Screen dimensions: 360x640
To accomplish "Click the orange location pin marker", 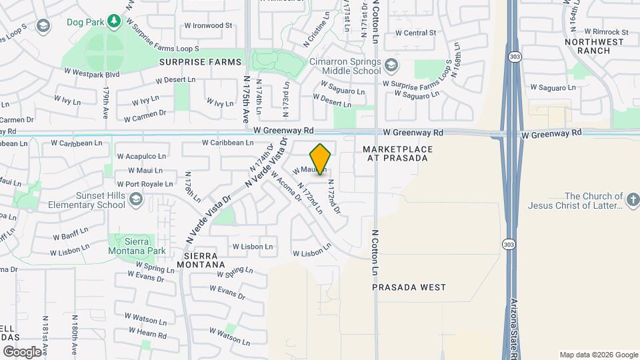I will [321, 159].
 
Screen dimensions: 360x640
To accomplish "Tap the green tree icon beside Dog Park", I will [114, 21].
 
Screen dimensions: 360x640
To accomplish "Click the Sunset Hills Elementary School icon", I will [135, 199].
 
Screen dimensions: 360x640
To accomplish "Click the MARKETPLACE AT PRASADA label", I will [398, 153].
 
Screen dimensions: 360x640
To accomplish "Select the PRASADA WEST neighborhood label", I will [409, 287].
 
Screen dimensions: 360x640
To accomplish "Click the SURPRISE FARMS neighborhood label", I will [200, 62].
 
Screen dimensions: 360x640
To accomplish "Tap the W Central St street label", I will [415, 32].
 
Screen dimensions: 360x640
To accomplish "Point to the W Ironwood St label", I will [207, 26].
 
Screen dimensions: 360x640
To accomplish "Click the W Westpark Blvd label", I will [91, 72].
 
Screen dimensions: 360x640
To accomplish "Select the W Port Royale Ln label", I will [145, 184].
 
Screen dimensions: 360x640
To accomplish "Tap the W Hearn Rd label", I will [147, 333].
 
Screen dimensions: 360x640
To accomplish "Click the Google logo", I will [22, 351].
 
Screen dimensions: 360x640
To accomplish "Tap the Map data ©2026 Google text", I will [598, 355].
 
